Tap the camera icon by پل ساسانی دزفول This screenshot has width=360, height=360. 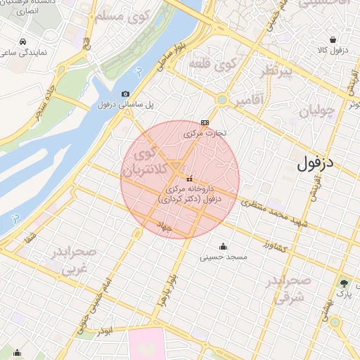(125, 94)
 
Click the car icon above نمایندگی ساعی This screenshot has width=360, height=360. (24, 41)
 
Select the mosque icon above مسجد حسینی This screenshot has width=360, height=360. (224, 246)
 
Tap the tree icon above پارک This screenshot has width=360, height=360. (343, 283)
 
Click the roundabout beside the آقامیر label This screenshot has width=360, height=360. (222, 101)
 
